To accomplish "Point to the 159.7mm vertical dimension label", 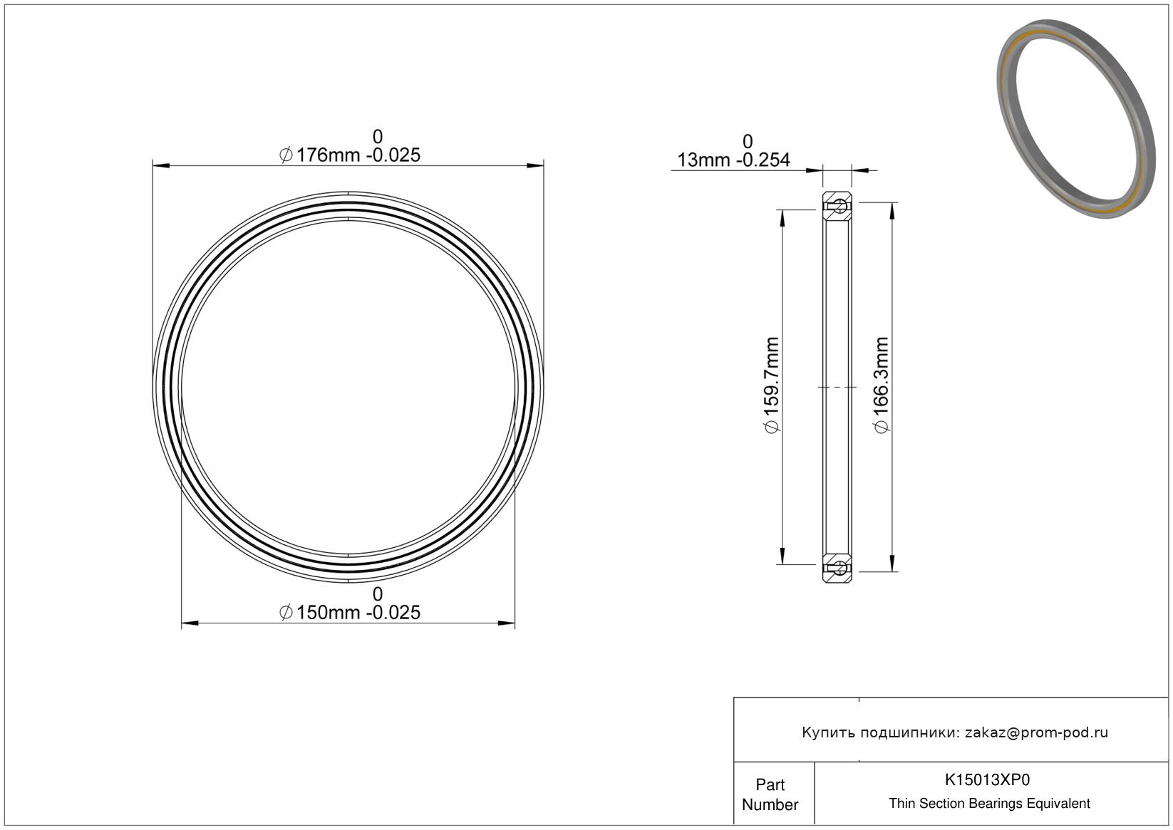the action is click(x=772, y=385).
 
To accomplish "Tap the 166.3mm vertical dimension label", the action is click(x=882, y=385).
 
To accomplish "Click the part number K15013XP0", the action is click(x=987, y=779).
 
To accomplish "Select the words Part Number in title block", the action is click(x=770, y=794).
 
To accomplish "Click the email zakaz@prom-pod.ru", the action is click(x=1036, y=732).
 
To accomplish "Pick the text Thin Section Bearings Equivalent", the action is click(x=989, y=804).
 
